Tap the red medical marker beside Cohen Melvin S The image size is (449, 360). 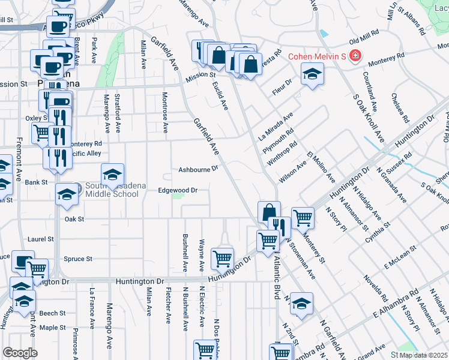click(x=355, y=56)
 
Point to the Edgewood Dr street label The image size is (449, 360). click(x=178, y=190)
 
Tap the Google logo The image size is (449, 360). click(x=20, y=353)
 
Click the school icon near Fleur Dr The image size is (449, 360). click(x=312, y=75)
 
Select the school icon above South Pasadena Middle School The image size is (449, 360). click(x=112, y=174)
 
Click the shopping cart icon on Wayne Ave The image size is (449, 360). click(x=222, y=258)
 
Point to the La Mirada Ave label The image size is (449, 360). click(x=276, y=124)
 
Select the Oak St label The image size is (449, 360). click(x=74, y=219)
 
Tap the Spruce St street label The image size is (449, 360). click(x=78, y=259)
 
